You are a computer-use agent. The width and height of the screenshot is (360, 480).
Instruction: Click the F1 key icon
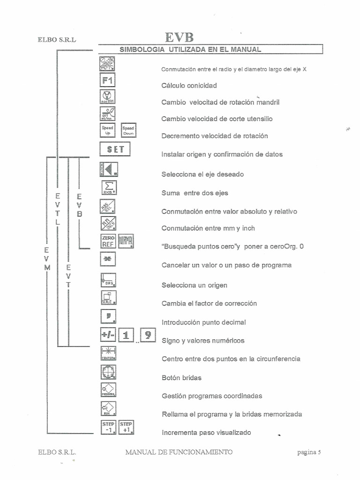tap(108, 80)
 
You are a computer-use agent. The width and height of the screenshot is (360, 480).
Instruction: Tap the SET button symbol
tap(115, 150)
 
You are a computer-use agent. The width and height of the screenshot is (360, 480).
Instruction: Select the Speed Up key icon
tap(108, 130)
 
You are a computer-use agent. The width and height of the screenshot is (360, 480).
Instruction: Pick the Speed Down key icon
tap(128, 130)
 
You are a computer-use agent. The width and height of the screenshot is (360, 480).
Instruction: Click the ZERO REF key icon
tap(108, 241)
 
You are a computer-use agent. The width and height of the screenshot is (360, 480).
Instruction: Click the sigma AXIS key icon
tap(108, 187)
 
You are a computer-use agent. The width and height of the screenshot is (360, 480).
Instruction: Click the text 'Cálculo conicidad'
tap(189, 86)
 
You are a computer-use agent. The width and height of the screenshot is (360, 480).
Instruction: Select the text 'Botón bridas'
tap(181, 377)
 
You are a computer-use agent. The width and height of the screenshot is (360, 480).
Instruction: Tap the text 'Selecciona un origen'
tap(194, 285)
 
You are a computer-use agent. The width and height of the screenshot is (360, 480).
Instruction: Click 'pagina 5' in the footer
tap(308, 452)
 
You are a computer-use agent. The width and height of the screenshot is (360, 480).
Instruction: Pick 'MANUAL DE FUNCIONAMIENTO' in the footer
tap(179, 452)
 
